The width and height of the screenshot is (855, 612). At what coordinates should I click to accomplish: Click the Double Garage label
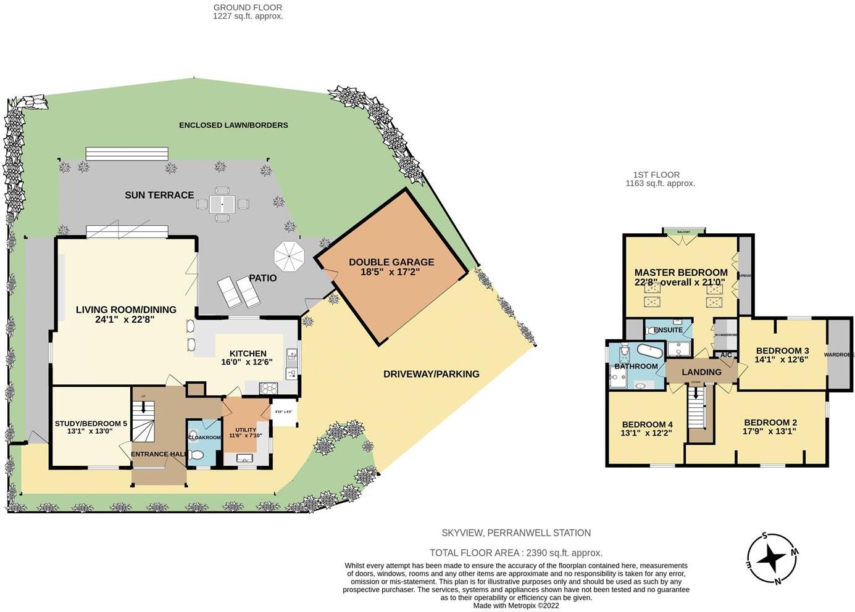pos(391,267)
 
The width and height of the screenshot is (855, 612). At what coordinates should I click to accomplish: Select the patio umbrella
pos(290,256)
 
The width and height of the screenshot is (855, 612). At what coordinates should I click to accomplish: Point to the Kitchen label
pos(248,358)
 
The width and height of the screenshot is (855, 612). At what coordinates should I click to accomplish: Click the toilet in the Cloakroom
pos(197,455)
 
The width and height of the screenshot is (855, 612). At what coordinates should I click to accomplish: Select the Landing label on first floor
pos(701,372)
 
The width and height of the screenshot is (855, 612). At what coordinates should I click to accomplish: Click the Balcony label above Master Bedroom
pos(683,232)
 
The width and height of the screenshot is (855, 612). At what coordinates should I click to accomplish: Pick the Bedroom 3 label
pos(782,355)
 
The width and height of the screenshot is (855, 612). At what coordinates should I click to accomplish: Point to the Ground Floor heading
pos(248,12)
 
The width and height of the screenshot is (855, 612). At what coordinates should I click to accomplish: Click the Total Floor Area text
pos(515,553)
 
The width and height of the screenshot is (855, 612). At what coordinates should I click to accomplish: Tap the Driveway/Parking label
pos(431,374)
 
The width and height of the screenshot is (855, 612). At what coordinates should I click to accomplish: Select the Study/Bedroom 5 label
pos(91,427)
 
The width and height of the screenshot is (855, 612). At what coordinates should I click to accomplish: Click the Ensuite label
pos(668,330)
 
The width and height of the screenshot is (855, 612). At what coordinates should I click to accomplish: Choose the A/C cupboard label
pos(726,355)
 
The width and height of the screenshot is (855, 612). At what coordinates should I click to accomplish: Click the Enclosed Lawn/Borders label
pos(233,125)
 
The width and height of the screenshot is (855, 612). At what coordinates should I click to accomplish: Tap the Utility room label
pos(246,432)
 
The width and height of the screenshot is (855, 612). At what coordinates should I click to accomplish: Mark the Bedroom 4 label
pos(647,428)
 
